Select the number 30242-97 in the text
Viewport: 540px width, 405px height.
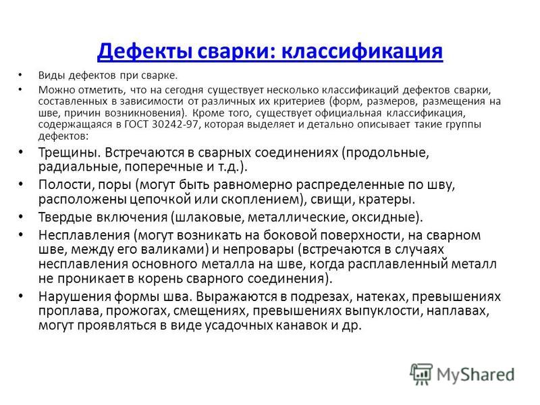175,124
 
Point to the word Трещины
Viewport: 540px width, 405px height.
69,153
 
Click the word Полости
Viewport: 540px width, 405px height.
66,185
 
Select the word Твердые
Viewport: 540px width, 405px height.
65,217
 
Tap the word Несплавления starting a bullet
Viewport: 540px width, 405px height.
84,236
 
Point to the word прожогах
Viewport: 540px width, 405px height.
137,311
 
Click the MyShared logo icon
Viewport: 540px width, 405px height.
421,374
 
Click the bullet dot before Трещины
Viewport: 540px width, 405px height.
21,152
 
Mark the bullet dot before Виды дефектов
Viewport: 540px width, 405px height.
21,74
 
